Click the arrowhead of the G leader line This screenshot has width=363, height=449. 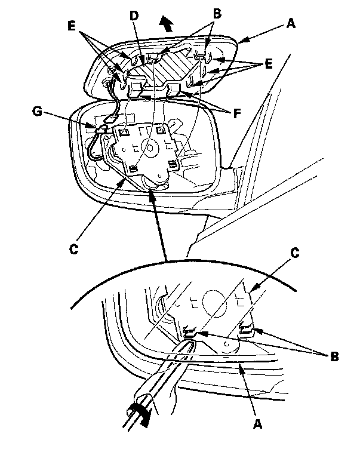coord(96,127)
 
